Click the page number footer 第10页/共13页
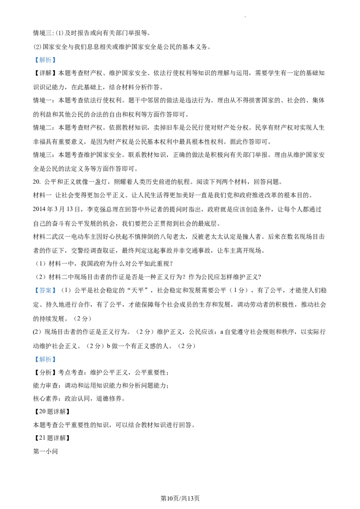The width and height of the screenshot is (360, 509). [x=180, y=498]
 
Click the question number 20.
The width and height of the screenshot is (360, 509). [x=36, y=182]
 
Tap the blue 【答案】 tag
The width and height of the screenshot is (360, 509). [x=45, y=290]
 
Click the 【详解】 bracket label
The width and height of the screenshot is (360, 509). [x=45, y=73]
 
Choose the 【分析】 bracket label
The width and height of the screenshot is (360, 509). [x=45, y=373]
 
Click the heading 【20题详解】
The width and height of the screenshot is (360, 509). [x=52, y=411]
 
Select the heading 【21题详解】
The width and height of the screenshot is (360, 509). [x=52, y=438]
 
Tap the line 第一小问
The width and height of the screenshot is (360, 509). [x=45, y=451]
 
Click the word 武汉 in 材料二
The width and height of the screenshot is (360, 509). [x=61, y=237]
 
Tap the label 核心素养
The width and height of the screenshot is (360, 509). [x=45, y=399]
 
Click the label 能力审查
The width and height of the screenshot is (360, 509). [x=45, y=386]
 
